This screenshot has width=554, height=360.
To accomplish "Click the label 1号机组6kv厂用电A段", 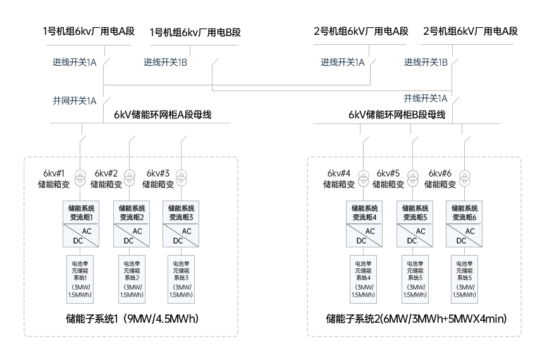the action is click(89, 31).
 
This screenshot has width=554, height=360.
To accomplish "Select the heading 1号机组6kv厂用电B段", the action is click(195, 32).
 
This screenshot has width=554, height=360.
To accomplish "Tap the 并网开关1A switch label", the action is click(75, 101).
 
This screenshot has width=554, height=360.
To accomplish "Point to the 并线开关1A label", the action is click(426, 98).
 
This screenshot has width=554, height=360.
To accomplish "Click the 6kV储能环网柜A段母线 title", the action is click(163, 115).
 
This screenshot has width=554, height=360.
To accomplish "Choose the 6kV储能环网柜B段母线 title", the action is click(397, 115).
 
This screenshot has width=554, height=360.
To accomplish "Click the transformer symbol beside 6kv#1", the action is click(80, 178).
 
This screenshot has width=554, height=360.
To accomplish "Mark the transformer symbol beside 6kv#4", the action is click(364, 178).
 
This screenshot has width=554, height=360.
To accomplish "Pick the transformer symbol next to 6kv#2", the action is click(130, 178).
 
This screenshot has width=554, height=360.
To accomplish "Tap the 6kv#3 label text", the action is click(158, 173).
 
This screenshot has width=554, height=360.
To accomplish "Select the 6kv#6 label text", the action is click(440, 173).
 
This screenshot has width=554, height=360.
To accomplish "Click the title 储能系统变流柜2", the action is click(132, 213).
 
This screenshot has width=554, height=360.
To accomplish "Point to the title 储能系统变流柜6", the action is click(464, 213).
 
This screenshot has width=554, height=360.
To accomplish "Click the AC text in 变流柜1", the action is click(87, 232).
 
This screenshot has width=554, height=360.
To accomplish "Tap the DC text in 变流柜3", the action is click(178, 241).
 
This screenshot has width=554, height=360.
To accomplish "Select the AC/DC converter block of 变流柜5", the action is click(415, 235).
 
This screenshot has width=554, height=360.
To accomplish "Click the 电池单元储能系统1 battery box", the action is click(80, 279).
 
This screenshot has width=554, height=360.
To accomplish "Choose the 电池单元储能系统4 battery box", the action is click(363, 279).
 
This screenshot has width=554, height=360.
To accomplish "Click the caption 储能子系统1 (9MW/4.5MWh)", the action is click(132, 319).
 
